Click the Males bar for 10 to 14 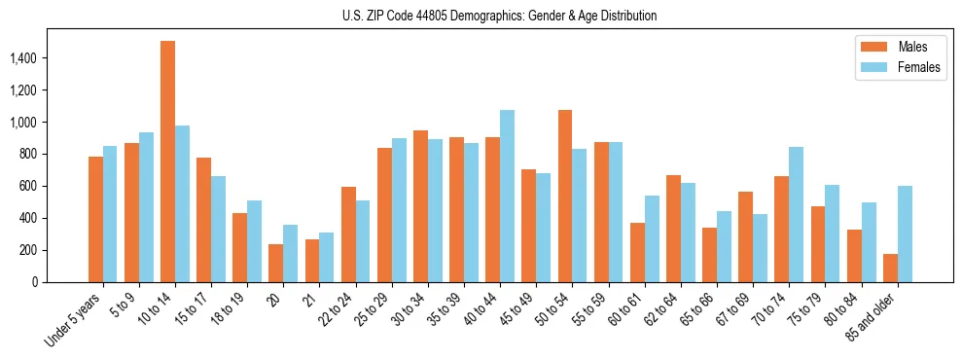[x=167, y=162]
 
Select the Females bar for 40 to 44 [x=507, y=196]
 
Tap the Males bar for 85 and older [x=890, y=268]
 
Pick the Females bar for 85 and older [x=905, y=234]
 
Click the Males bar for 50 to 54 [x=564, y=196]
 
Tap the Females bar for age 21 [x=326, y=257]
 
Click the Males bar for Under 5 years [x=95, y=219]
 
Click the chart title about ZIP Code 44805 [x=500, y=16]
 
